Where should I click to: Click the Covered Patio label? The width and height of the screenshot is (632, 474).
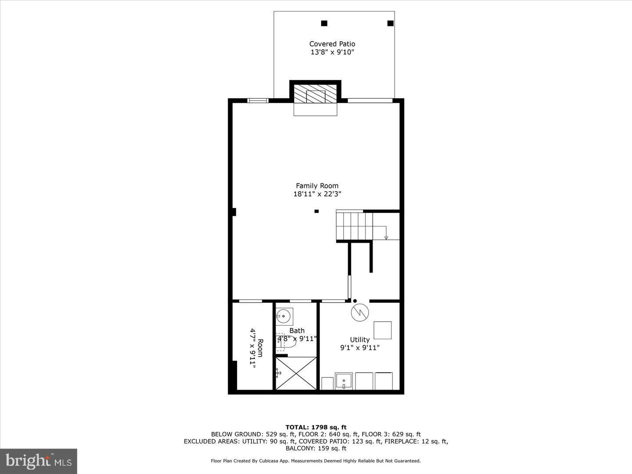click(332, 44)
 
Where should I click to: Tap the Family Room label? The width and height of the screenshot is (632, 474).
click(317, 186)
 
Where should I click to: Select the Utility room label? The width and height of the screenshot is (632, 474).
click(359, 339)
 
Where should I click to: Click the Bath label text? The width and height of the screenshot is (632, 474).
click(297, 330)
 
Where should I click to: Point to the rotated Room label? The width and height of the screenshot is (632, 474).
click(260, 348)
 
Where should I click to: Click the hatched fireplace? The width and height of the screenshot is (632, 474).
click(315, 94)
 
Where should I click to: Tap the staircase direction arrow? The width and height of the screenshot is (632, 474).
click(386, 237)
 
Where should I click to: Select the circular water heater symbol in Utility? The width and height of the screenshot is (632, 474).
click(360, 312)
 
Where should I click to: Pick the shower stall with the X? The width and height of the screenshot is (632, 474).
click(296, 373)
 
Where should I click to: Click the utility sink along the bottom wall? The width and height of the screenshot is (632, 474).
click(344, 381)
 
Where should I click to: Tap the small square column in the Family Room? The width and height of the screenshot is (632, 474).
click(316, 211)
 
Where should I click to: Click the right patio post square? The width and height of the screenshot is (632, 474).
click(390, 23)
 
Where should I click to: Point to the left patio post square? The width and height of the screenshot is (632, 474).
click(324, 23)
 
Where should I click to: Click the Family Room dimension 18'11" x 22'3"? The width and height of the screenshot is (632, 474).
click(317, 194)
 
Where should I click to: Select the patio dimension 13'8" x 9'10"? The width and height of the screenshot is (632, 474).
click(332, 52)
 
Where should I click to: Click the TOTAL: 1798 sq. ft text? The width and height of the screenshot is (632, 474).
click(316, 427)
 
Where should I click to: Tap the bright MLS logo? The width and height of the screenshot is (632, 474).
click(39, 461)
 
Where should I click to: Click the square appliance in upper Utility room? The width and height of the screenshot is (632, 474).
click(382, 330)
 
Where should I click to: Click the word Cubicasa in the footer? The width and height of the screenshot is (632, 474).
click(277, 461)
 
